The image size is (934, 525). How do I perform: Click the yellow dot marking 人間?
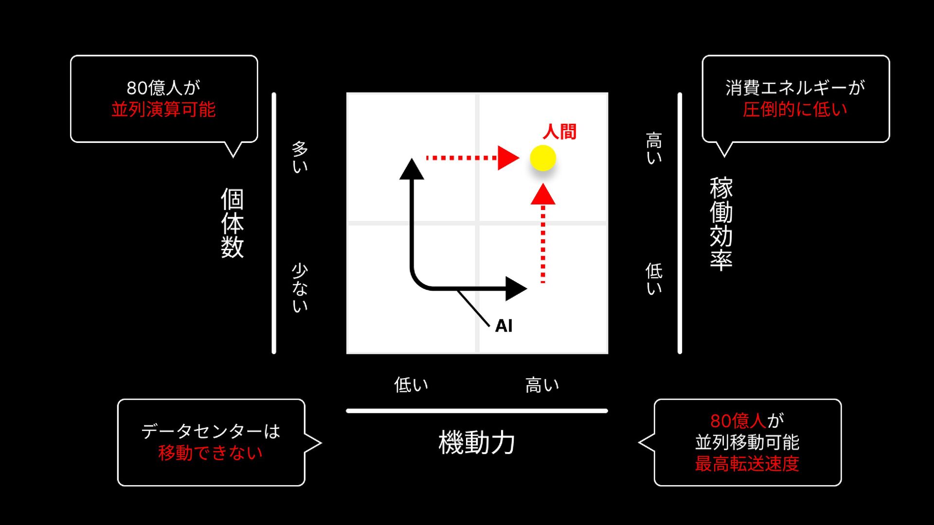coord(543,158)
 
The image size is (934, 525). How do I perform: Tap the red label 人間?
coord(559,132)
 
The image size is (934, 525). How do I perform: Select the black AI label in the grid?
coord(504,326)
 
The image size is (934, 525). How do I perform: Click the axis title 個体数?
coord(232,223)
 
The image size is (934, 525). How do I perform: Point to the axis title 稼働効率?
coord(721,223)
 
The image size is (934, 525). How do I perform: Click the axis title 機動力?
coord(477,442)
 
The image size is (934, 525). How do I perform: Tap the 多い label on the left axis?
coord(300,157)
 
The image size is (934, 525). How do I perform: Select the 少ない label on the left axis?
coord(300,288)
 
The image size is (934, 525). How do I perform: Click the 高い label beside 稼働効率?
coord(654,148)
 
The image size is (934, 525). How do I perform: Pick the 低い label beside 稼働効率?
coord(654,279)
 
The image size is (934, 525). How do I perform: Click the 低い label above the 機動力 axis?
coord(411,385)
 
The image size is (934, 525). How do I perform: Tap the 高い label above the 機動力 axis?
coord(542,385)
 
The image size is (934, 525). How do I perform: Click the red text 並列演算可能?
coord(163,109)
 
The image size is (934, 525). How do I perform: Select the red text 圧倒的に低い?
coord(795,109)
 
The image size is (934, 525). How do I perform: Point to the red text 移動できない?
coord(210,453)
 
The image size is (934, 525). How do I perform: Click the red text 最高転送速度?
coord(747,464)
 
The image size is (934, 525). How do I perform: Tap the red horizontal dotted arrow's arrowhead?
coord(509,158)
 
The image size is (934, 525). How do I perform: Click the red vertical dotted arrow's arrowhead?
coord(543,194)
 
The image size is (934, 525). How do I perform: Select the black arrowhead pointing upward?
coord(412,169)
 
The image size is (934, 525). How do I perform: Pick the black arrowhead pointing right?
coord(516,289)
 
